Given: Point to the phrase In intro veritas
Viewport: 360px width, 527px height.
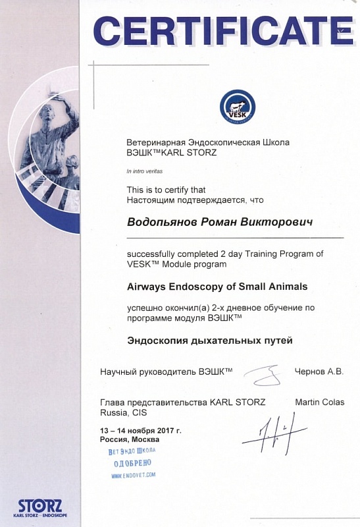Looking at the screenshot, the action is (x=143, y=171).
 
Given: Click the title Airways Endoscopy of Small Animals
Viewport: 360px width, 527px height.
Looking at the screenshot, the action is (x=217, y=287).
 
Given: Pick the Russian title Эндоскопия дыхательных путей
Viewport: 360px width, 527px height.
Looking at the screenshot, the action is (x=209, y=341).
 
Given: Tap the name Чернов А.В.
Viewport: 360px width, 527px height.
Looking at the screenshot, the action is (x=319, y=372).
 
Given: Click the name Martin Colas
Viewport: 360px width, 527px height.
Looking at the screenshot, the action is (x=319, y=402).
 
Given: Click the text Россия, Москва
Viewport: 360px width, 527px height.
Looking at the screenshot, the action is (x=130, y=439).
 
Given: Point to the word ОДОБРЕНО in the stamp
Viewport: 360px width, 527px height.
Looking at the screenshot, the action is (x=132, y=463).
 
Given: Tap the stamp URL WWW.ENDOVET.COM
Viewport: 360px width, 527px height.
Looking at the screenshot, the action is (x=134, y=474).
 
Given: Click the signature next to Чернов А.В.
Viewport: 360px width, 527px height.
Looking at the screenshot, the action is (x=263, y=375).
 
